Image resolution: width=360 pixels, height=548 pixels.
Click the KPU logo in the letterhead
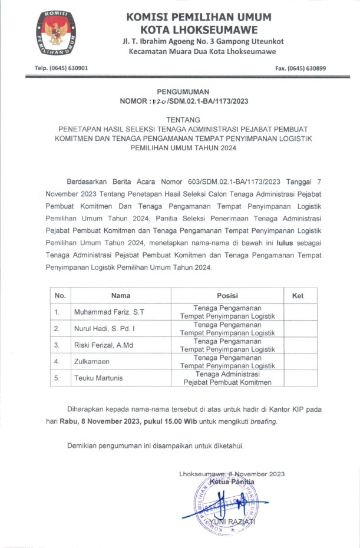coord(58,35)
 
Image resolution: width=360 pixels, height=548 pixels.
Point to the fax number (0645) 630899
coord(300,68)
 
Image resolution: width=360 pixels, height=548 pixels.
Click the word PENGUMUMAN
coord(183,92)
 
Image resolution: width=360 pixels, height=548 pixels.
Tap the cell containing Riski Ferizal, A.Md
coord(100,345)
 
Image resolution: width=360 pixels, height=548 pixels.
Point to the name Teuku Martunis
coord(97,378)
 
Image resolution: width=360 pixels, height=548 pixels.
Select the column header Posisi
coord(227,296)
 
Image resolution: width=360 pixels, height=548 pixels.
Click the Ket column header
coord(298,296)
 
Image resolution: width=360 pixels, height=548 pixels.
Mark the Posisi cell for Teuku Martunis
coord(227,378)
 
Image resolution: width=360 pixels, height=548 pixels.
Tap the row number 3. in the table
coord(57,345)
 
